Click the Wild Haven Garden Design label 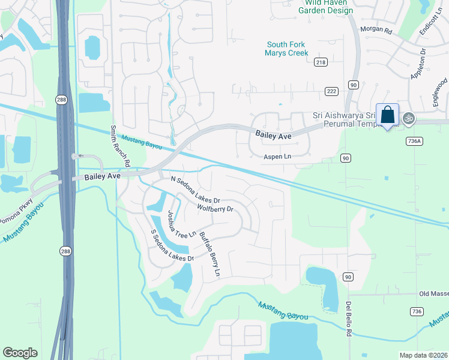[x=326, y=5]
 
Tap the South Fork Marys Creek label [x=287, y=49]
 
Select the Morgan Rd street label [x=376, y=30]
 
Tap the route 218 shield [x=321, y=62]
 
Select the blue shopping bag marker [x=387, y=115]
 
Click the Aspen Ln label [x=278, y=157]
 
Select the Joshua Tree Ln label [x=182, y=224]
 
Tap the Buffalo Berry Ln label [x=210, y=254]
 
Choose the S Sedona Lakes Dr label [x=172, y=245]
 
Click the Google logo [x=20, y=353]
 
